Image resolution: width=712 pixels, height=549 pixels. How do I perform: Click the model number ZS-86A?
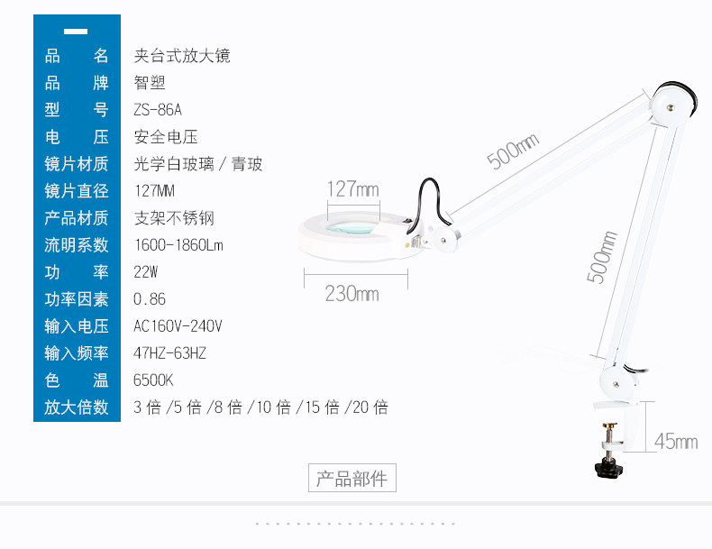[x=158, y=110]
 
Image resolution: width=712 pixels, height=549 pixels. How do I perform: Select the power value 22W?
[x=146, y=272]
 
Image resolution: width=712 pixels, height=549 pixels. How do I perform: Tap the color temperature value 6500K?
[x=153, y=380]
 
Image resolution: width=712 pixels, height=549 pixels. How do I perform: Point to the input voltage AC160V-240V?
[x=178, y=326]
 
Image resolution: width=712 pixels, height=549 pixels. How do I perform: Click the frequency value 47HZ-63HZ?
[x=169, y=353]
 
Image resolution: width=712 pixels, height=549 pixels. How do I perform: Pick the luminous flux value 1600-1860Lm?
[x=178, y=245]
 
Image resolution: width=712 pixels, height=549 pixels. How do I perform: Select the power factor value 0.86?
[x=150, y=299]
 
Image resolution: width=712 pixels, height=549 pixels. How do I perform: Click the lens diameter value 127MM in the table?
[x=154, y=191]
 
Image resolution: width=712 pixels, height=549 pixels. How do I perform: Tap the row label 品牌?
[x=77, y=83]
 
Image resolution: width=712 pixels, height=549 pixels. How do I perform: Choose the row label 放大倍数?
[x=77, y=407]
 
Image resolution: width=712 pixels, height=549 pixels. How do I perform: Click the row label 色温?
[x=77, y=380]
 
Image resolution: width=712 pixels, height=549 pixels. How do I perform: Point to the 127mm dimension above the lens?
[x=352, y=189]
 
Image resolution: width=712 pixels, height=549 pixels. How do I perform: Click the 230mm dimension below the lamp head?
[x=351, y=294]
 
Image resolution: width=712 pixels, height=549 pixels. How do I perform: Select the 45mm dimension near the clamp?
[x=676, y=441]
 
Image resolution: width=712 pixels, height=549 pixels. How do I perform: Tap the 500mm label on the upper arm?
[x=512, y=151]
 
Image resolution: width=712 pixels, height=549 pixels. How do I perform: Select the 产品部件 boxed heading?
[x=352, y=479]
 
